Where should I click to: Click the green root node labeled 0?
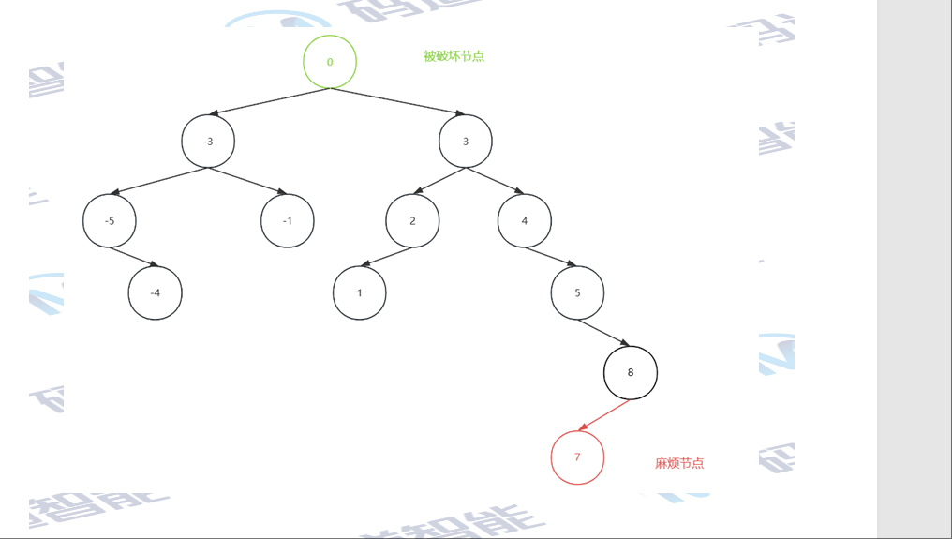click(x=330, y=62)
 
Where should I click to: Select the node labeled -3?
click(x=208, y=142)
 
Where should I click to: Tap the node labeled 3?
click(x=466, y=142)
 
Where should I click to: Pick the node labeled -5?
click(x=110, y=221)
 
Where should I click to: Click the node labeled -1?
click(x=287, y=221)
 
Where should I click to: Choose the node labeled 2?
click(x=412, y=221)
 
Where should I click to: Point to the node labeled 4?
click(x=525, y=221)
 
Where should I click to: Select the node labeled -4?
click(x=155, y=292)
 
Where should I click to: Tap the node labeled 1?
click(x=359, y=292)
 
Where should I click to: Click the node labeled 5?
click(x=577, y=292)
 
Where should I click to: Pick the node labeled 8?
click(x=631, y=372)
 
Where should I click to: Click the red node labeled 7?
click(x=577, y=457)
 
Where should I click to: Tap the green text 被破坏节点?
click(x=454, y=56)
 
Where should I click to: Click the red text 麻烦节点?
click(x=679, y=463)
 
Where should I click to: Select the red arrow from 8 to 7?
click(x=604, y=415)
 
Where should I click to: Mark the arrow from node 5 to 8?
click(x=603, y=333)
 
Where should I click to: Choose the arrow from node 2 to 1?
click(x=386, y=257)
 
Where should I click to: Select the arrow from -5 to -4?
click(x=132, y=257)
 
